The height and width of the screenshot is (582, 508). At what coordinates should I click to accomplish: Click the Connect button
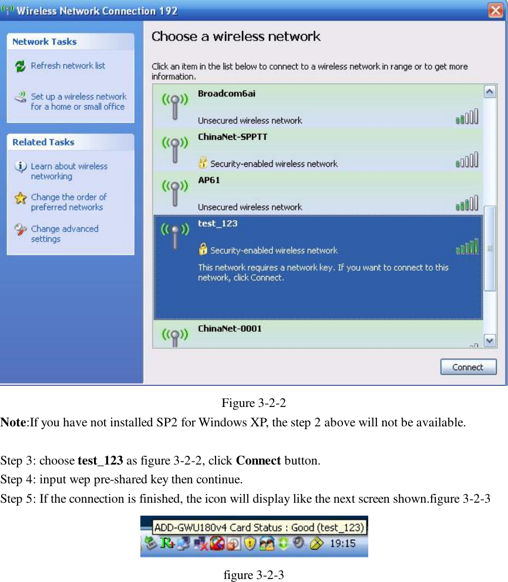pos(468,367)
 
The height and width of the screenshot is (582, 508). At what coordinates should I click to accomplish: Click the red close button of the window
pos(495,11)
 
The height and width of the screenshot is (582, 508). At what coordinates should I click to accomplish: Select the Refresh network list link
pos(68,66)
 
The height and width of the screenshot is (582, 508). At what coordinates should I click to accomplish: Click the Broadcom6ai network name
pos(226,93)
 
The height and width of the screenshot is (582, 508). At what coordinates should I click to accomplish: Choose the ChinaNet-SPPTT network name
pos(233,137)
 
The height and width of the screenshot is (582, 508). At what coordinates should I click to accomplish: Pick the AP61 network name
pos(209,180)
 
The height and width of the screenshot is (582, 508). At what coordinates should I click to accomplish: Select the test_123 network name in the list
pos(217,224)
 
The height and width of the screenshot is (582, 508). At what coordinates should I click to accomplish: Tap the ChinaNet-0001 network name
pos(230,328)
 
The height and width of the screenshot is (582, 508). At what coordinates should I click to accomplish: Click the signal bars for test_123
pos(467,247)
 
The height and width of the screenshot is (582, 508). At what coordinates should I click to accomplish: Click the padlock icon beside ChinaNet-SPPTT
pos(203,163)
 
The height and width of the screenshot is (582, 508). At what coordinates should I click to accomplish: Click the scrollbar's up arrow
pos(489,92)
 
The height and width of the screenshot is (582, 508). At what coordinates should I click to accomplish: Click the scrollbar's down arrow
pos(489,340)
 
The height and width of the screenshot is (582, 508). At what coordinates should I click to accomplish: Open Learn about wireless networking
pos(69,171)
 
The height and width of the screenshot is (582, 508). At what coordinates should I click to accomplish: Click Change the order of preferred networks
pos(68,202)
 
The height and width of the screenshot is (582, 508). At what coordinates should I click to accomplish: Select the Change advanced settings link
pos(64,234)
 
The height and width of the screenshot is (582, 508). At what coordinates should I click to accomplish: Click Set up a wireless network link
pos(78,101)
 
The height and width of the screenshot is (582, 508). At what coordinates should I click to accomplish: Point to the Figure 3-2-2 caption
pos(254,403)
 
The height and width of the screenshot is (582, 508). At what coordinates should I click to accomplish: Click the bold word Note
pos(14,422)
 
